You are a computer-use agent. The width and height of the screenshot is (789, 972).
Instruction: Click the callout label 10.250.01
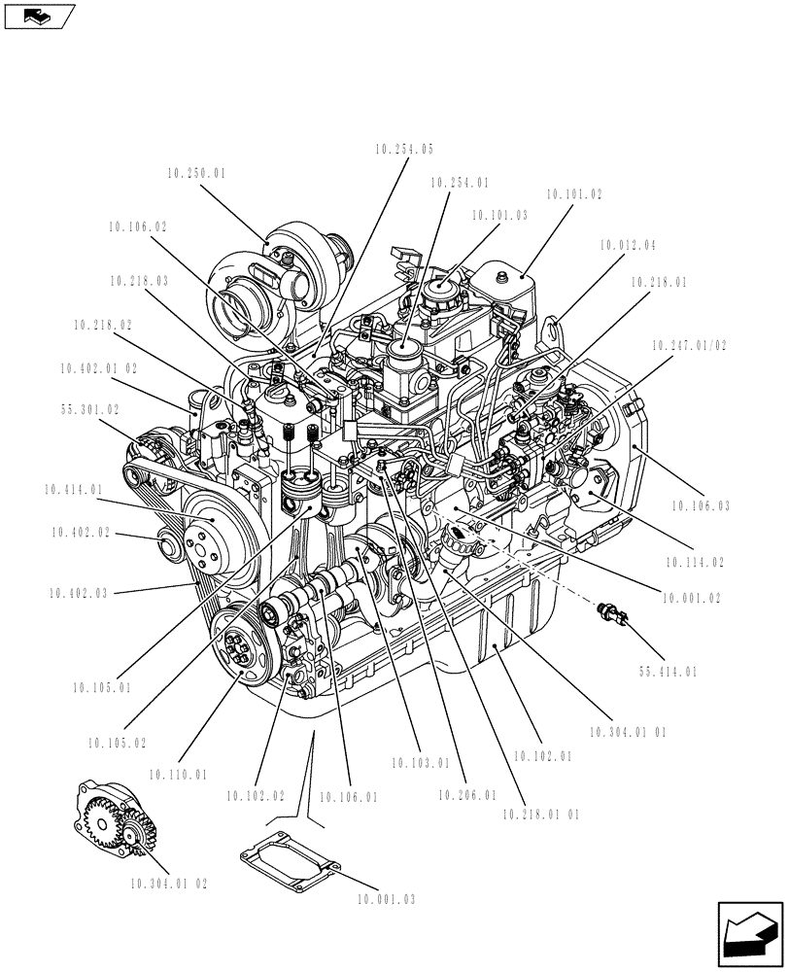(x=196, y=174)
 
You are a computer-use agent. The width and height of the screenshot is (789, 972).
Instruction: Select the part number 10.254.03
(x=403, y=150)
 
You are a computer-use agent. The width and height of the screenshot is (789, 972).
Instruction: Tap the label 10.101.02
(x=574, y=194)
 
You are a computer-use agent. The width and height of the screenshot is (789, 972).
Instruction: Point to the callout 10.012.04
(x=627, y=246)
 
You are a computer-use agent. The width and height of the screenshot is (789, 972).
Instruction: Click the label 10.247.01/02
(x=689, y=345)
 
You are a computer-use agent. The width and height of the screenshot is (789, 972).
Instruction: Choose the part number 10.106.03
(x=701, y=505)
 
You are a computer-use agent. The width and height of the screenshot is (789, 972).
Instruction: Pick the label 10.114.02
(x=695, y=562)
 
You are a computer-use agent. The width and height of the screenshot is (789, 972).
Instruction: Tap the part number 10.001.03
(x=386, y=900)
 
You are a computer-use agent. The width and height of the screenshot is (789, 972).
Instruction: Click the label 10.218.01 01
(x=541, y=815)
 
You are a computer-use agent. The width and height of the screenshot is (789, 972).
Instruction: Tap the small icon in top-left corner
(x=38, y=16)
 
